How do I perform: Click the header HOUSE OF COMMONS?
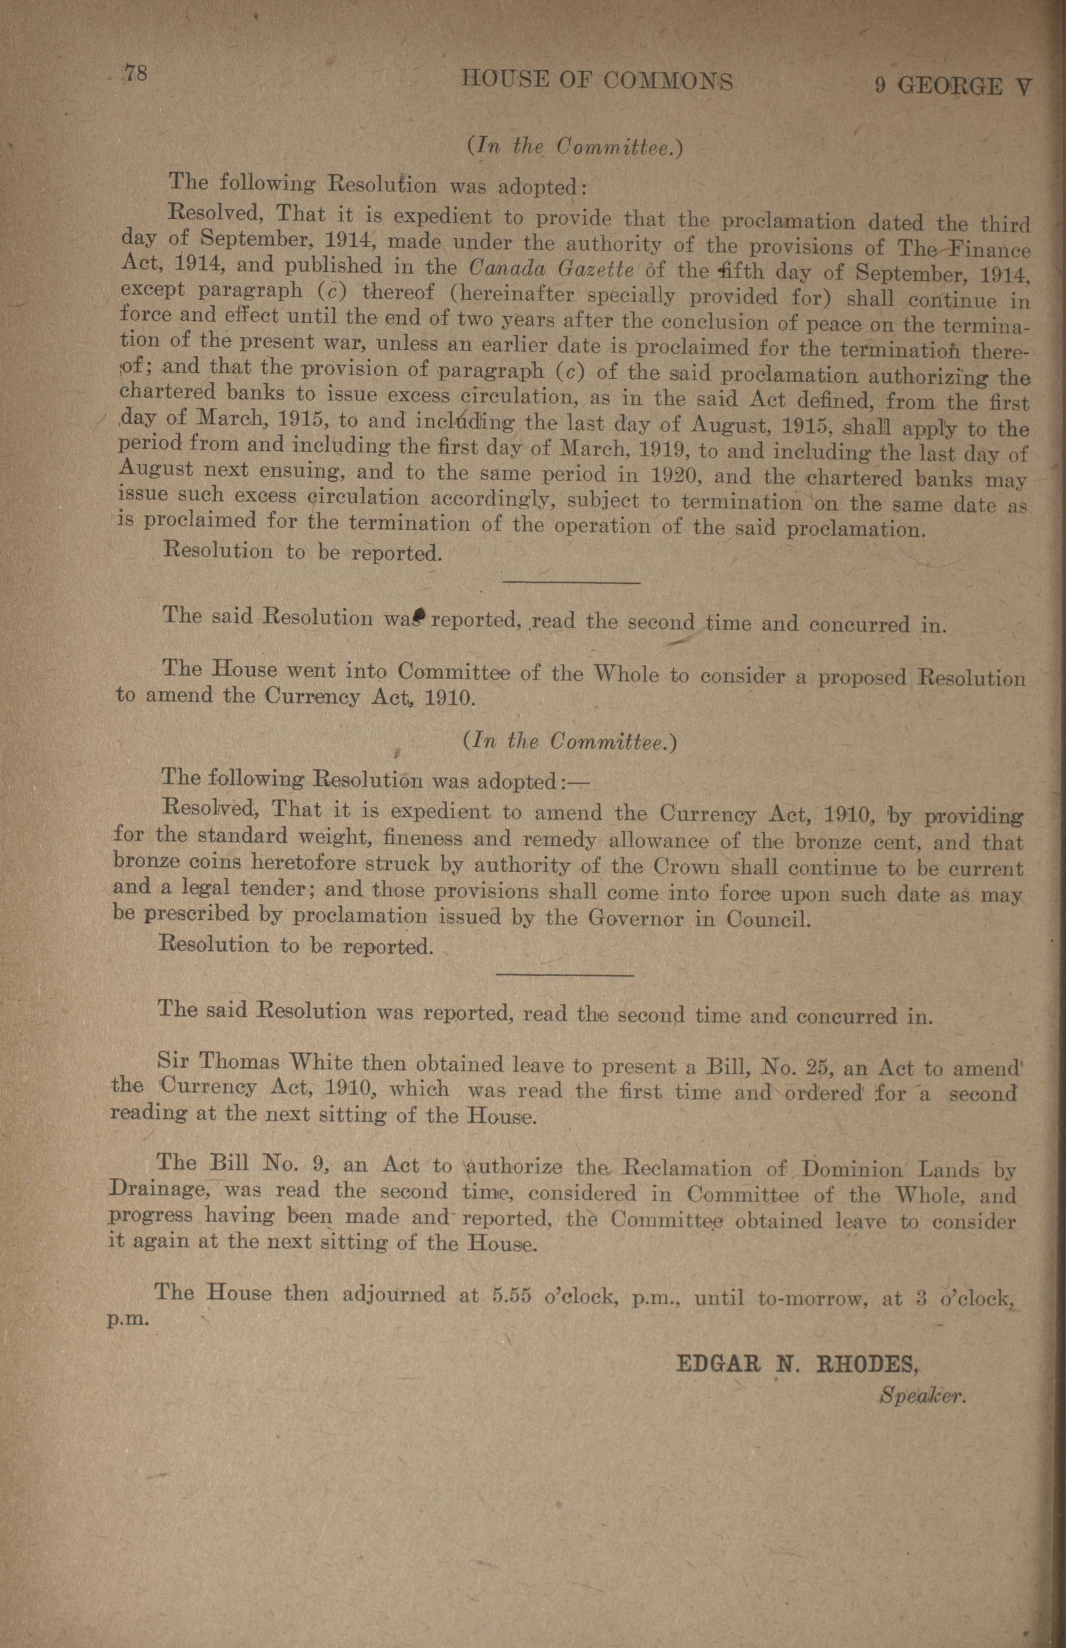point(597,82)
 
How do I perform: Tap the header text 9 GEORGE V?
point(952,86)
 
